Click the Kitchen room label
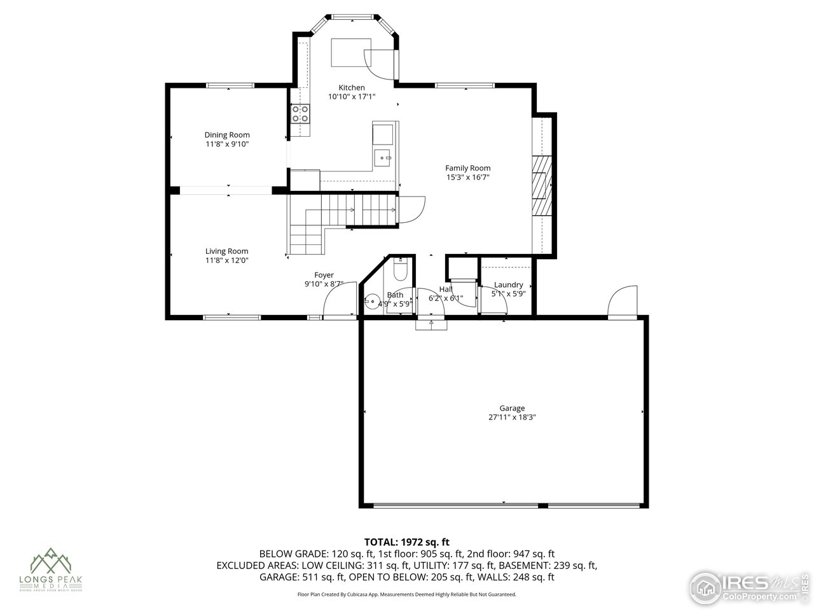[x=352, y=88]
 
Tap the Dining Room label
[x=227, y=135]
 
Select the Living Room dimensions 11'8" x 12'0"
[x=227, y=260]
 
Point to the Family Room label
[x=467, y=168]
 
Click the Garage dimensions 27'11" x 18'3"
[x=512, y=418]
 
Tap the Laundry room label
[x=508, y=284]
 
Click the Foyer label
[x=324, y=275]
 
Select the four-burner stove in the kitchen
[x=301, y=113]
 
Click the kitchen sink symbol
[x=383, y=156]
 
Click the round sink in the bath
[x=371, y=300]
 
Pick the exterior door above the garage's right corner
[x=623, y=301]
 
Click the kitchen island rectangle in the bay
[x=349, y=52]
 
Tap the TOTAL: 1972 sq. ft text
[x=407, y=542]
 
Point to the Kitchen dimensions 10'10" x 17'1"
[x=352, y=97]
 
